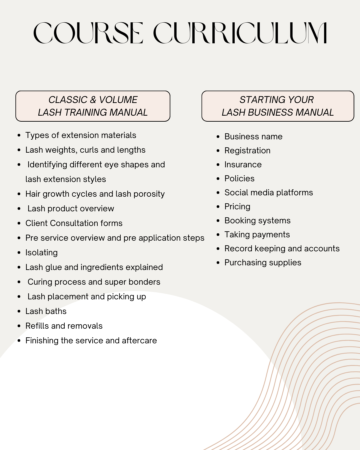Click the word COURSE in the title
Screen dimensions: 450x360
(88, 33)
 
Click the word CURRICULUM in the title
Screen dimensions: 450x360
(240, 33)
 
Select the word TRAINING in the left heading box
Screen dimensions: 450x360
(85, 112)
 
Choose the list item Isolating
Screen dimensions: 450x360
(41, 253)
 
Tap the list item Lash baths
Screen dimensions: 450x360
(46, 311)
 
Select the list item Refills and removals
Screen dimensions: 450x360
(64, 326)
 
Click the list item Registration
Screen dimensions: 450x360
(247, 151)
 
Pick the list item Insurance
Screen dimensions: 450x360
(243, 165)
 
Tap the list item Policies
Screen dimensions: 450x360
(239, 179)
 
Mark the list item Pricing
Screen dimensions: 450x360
(237, 207)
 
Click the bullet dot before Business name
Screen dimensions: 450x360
(218, 137)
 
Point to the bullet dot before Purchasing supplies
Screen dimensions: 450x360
(218, 263)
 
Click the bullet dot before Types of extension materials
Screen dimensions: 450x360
(19, 135)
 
